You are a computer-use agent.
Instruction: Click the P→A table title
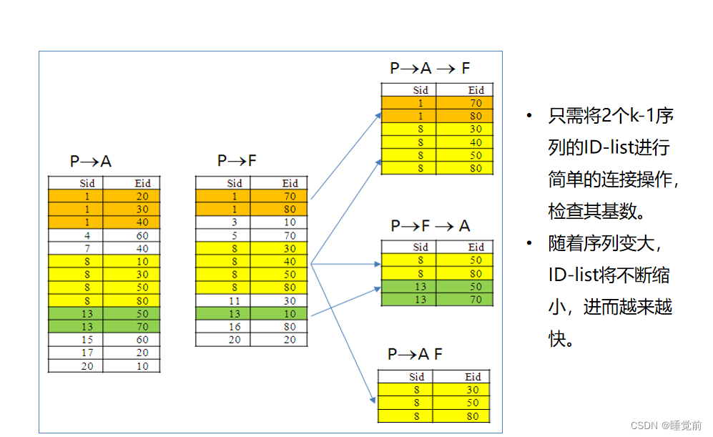(90, 162)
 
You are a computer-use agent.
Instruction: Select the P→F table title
(237, 162)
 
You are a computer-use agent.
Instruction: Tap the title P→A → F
(430, 69)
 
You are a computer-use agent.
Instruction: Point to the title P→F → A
(430, 226)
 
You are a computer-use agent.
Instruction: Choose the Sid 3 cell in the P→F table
(235, 222)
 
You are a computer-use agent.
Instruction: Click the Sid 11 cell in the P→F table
(235, 301)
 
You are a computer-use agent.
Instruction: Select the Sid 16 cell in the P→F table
(235, 327)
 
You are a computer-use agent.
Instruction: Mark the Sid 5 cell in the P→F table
(235, 235)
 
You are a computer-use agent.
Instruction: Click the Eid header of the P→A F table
(473, 377)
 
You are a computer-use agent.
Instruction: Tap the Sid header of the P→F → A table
(421, 247)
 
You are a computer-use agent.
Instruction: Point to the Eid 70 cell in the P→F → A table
(476, 300)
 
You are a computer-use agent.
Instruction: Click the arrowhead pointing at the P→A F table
(373, 403)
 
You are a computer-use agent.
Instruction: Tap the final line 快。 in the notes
(562, 338)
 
